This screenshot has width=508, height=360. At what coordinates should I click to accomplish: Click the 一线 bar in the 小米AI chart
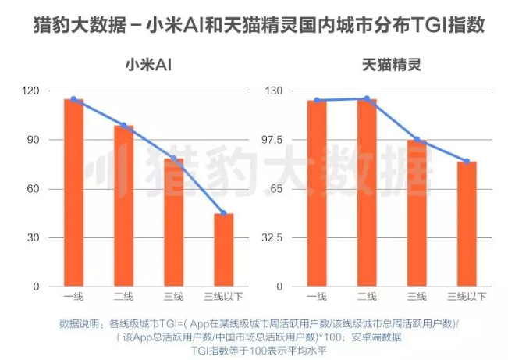click(x=73, y=193)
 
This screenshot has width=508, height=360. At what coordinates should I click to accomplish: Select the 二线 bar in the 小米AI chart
click(x=123, y=206)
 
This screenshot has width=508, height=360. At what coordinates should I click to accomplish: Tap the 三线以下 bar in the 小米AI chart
click(x=224, y=250)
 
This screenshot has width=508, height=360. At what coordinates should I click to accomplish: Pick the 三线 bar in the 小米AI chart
click(x=174, y=223)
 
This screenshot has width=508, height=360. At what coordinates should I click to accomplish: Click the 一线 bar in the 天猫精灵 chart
click(x=317, y=194)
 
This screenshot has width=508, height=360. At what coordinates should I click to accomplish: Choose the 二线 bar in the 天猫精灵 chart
click(x=367, y=193)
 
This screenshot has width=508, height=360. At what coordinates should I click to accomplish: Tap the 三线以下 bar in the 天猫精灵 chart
click(x=467, y=224)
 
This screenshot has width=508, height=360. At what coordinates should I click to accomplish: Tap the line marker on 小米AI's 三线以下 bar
click(x=224, y=213)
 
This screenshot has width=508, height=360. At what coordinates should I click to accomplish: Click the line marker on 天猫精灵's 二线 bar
click(x=367, y=98)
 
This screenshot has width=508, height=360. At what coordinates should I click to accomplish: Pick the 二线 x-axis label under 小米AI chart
click(x=123, y=297)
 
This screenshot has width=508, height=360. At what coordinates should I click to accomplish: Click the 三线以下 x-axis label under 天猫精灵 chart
click(x=467, y=297)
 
